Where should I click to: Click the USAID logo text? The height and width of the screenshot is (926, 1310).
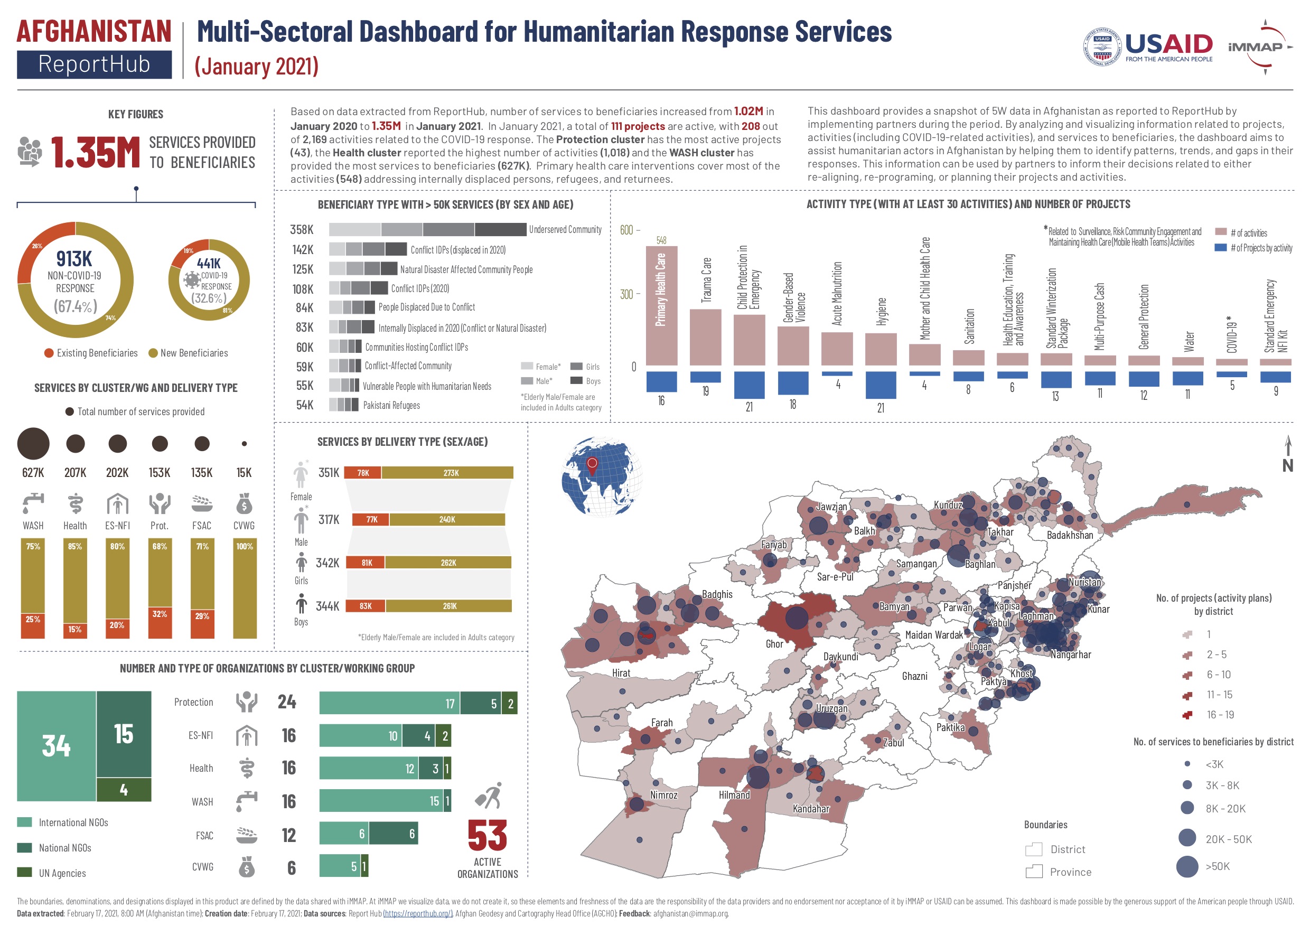coord(1168,44)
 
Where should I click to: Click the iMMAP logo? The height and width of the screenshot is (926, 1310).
coord(1259,47)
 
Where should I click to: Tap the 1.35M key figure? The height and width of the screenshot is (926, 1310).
coord(95,152)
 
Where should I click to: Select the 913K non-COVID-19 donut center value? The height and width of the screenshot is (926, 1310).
coord(74,258)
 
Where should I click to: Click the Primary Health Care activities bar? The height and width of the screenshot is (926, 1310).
coord(661,305)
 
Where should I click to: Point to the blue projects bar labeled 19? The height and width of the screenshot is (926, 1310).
coord(705,377)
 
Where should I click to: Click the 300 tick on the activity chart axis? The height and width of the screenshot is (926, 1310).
coord(626,294)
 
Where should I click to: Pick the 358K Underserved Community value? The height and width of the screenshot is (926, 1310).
coord(301,229)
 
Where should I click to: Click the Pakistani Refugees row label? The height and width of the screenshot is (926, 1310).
coord(391,405)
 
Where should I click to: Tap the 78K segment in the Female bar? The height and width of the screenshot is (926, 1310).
coord(363,472)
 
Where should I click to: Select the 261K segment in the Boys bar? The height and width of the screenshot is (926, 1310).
coord(449,606)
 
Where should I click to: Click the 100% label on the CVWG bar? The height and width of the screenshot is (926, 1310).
coord(244,546)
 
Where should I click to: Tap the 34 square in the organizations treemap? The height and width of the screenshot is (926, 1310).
coord(56,745)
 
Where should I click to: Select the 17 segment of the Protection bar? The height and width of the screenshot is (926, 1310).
coord(390,703)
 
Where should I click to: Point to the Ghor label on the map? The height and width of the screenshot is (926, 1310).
coord(774,643)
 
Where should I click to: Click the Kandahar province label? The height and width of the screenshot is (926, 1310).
coord(811,808)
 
